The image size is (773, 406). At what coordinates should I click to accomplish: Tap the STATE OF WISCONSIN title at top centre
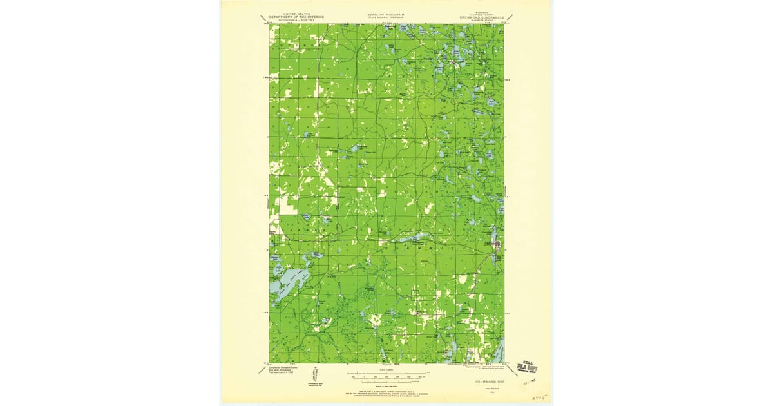(x=386, y=13)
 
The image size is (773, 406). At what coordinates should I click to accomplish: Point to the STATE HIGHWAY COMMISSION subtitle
(x=386, y=17)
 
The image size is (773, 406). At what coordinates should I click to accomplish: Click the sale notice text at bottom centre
(x=386, y=392)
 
